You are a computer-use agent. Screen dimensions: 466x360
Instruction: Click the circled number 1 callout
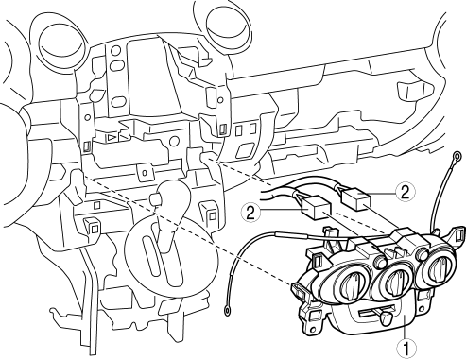(x=406, y=349)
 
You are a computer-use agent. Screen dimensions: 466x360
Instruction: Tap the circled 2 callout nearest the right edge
(x=406, y=193)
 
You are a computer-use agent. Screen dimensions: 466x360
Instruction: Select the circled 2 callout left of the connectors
(x=250, y=214)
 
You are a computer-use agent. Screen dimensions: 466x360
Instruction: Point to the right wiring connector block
(x=355, y=198)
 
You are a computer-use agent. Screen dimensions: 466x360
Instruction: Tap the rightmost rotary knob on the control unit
(x=439, y=266)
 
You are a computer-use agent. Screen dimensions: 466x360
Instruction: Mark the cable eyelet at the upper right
(x=457, y=155)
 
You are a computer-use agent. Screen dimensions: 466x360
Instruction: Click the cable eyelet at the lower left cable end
(x=227, y=311)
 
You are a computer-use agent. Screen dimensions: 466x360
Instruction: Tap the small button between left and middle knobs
(x=380, y=261)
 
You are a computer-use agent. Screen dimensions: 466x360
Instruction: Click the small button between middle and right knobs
(x=423, y=253)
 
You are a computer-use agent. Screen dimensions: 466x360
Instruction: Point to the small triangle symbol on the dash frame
(x=112, y=137)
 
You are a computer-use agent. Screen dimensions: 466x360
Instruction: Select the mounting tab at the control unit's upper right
(x=457, y=233)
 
